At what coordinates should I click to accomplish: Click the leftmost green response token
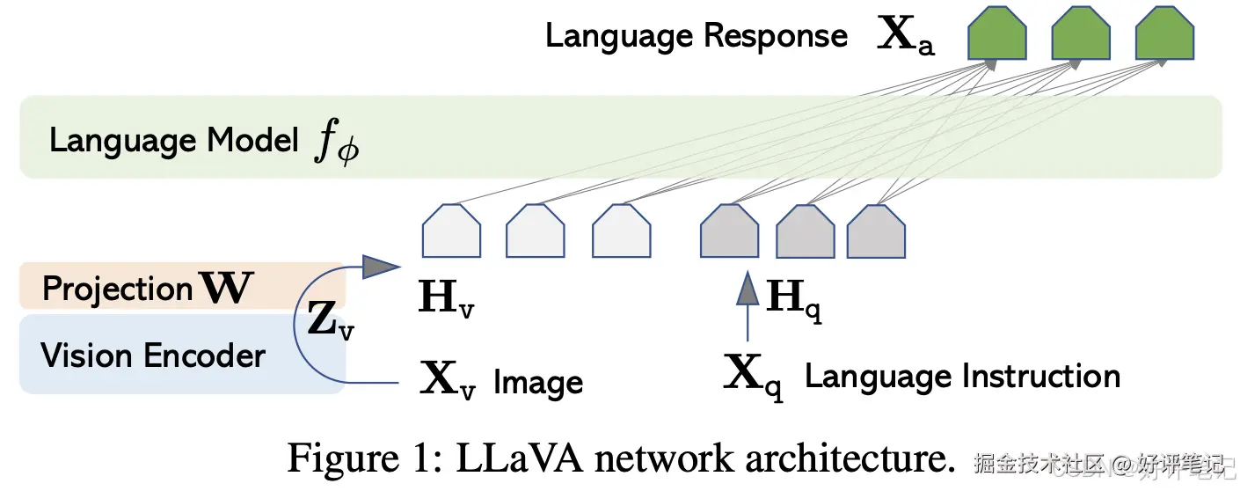click(997, 33)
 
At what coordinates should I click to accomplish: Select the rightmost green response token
click(1164, 33)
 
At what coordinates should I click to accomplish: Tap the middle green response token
click(1081, 33)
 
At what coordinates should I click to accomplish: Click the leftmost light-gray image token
click(451, 231)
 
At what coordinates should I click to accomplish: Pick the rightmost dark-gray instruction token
click(876, 231)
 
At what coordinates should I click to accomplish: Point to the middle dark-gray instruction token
click(806, 231)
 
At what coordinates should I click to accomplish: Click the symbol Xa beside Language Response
click(906, 36)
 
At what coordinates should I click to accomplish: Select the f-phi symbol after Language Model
click(337, 143)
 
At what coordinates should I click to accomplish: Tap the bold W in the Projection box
click(226, 287)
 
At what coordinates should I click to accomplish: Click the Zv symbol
click(331, 320)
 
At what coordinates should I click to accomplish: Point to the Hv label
click(446, 298)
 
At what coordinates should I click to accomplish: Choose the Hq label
click(794, 300)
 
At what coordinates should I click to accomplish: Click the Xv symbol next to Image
click(448, 380)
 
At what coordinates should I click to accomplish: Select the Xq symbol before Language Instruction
click(754, 377)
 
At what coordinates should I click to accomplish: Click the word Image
click(538, 383)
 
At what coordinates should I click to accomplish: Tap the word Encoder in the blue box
click(205, 355)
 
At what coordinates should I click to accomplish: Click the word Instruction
click(1042, 376)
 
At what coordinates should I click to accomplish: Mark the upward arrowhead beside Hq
click(748, 288)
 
